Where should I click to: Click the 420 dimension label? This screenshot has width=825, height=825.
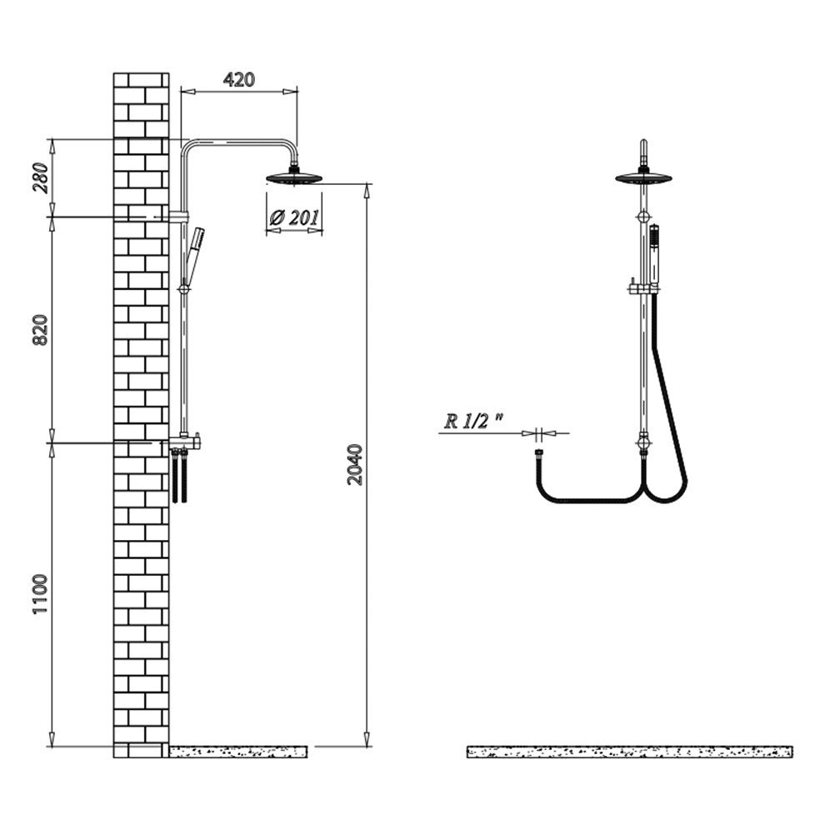tap(239, 79)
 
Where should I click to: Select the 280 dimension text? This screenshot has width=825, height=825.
tap(42, 177)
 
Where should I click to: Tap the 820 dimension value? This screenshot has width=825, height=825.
tap(42, 330)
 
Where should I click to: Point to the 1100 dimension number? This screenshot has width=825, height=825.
tap(41, 594)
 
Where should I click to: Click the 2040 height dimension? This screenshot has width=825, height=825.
tap(356, 465)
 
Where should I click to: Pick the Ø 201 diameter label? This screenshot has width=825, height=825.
tap(294, 217)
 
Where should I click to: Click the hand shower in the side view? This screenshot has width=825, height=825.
tap(194, 256)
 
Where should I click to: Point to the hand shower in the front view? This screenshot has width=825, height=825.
tap(654, 256)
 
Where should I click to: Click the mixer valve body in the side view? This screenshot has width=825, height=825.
tap(184, 442)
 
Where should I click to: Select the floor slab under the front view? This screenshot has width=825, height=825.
tap(630, 752)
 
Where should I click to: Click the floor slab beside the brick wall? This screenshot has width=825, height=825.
tap(237, 752)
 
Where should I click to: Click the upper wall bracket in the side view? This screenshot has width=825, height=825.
tap(177, 217)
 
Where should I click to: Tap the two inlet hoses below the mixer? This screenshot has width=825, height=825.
tap(179, 476)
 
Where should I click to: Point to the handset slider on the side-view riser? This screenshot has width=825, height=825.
tap(184, 289)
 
